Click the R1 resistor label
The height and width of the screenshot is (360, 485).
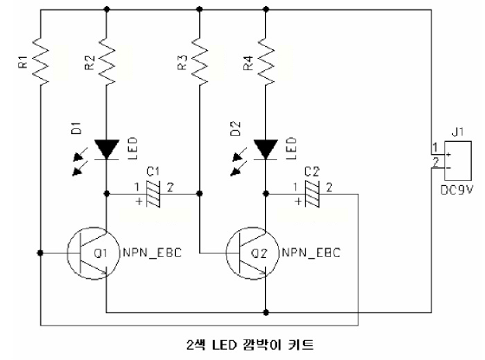click(x=24, y=61)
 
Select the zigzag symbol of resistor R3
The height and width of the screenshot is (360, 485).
click(x=199, y=61)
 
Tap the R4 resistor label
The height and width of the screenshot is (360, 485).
click(x=249, y=62)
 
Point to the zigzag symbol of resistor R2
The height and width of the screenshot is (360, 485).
click(x=107, y=61)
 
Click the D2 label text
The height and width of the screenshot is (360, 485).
click(x=236, y=129)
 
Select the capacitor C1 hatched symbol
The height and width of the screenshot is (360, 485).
click(x=153, y=194)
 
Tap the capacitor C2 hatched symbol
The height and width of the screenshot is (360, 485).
click(x=312, y=194)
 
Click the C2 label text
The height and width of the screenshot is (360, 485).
click(x=312, y=171)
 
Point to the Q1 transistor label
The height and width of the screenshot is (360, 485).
click(x=100, y=254)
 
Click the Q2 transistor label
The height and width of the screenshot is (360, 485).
click(x=259, y=254)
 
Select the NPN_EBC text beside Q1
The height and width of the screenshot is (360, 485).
click(x=152, y=253)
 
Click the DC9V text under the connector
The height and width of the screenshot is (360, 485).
click(x=457, y=190)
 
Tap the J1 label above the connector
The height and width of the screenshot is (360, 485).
click(x=458, y=132)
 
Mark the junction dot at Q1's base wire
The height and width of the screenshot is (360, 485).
click(x=40, y=253)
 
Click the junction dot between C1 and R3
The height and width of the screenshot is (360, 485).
click(x=199, y=194)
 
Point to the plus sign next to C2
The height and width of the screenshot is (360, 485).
click(x=298, y=202)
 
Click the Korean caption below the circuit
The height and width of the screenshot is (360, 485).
click(x=250, y=344)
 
